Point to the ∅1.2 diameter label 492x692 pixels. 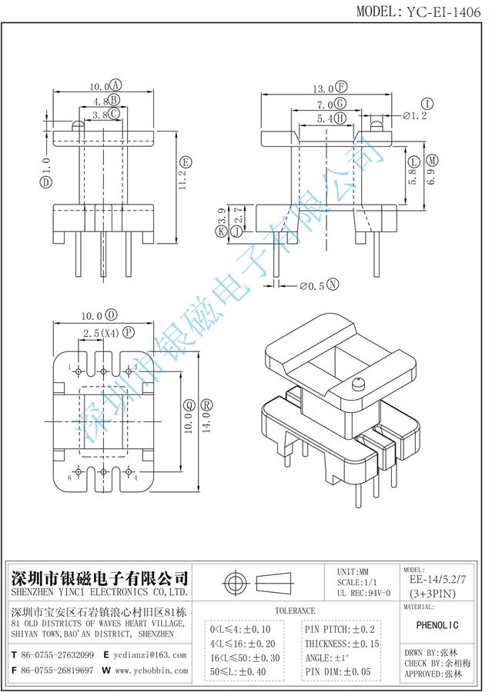[415, 116]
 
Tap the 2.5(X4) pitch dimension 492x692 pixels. [98, 333]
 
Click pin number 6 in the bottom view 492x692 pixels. [70, 477]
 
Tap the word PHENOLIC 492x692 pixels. [442, 624]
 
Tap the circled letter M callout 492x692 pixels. [432, 161]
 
